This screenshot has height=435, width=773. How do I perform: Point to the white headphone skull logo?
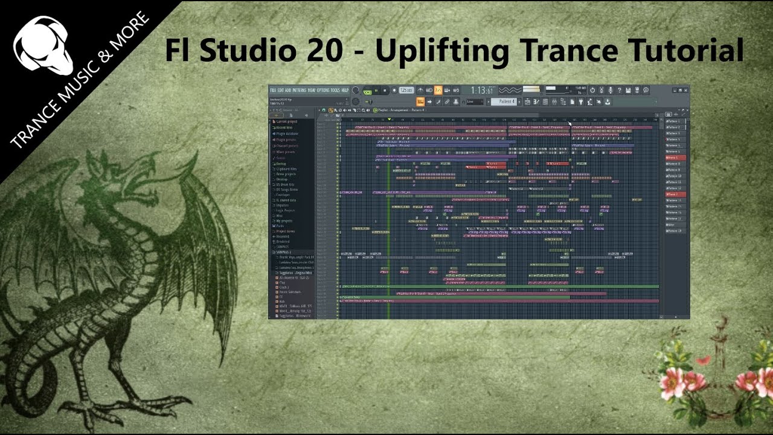[42, 46]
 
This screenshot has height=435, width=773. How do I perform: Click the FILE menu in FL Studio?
[273, 90]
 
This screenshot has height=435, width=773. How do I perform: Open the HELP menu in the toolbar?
[345, 90]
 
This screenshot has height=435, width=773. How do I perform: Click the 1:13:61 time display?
[483, 90]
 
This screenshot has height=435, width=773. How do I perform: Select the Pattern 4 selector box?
[506, 101]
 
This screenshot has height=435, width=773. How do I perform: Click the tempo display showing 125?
[405, 90]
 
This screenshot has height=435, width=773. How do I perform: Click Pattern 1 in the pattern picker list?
[674, 121]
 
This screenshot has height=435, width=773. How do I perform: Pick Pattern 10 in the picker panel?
[675, 176]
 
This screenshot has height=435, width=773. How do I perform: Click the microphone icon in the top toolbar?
[610, 90]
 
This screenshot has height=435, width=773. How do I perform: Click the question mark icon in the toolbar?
[619, 90]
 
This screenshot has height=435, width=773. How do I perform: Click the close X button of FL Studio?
[686, 88]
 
